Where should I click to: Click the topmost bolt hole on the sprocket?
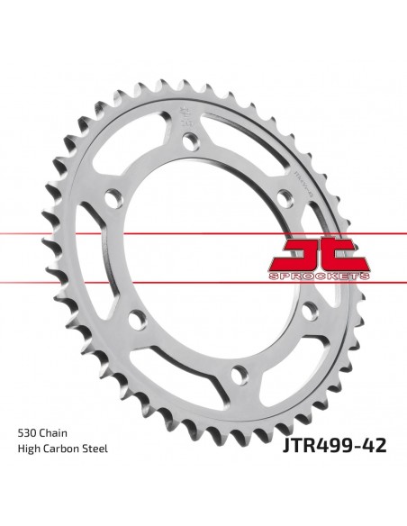(190, 141)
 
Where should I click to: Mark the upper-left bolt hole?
(113, 196)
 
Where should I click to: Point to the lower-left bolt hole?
(136, 318)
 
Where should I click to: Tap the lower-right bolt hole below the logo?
(312, 309)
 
